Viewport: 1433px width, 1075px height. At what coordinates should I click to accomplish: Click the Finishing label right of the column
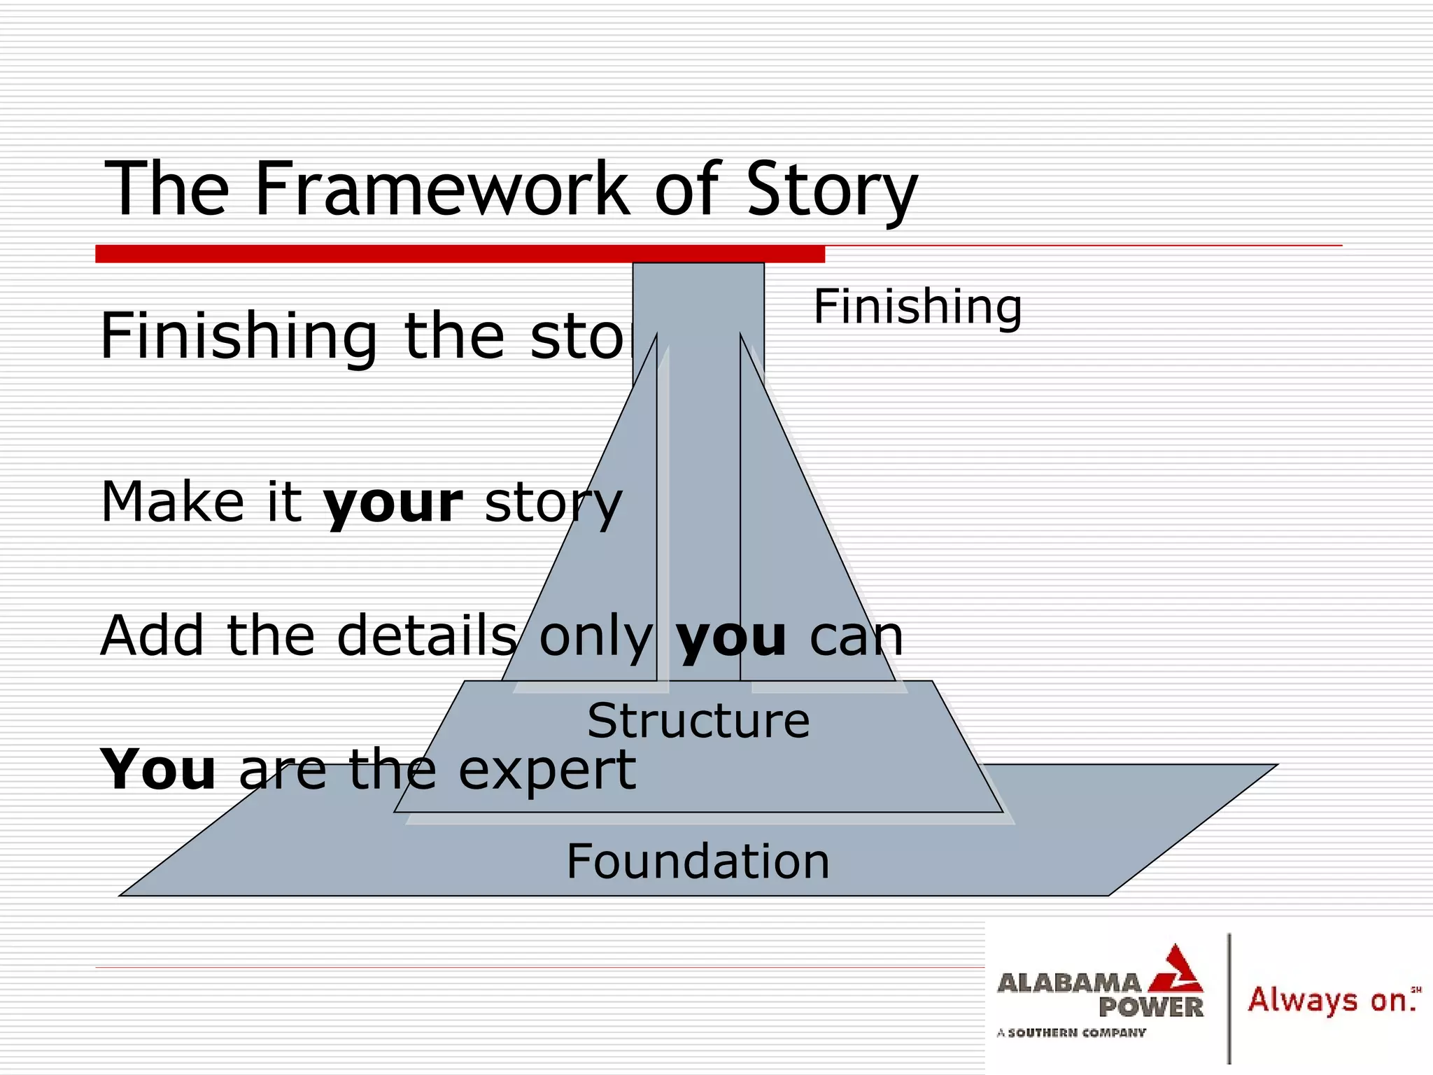917,307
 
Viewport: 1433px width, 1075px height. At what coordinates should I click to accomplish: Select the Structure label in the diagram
698,721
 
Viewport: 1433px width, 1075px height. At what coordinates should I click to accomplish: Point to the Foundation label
698,862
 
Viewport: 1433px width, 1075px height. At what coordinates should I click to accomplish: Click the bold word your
393,503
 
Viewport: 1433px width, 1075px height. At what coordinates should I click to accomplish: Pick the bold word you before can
731,636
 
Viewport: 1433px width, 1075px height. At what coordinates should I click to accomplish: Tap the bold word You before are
158,769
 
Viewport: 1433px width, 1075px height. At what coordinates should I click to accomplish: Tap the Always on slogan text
1329,1000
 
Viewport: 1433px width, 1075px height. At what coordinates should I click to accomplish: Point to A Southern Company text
1071,1032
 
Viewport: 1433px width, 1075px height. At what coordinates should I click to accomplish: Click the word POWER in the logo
1150,1008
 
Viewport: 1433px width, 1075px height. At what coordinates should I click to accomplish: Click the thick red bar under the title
460,254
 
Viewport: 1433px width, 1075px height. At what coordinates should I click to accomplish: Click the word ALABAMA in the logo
1068,983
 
